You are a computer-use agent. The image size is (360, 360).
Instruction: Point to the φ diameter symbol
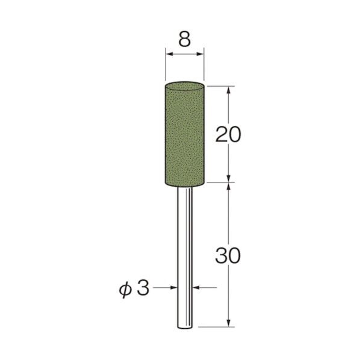tap(125, 288)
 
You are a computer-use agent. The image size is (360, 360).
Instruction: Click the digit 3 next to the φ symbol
tap(143, 288)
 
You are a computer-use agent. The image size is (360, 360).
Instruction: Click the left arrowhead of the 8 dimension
tap(169, 55)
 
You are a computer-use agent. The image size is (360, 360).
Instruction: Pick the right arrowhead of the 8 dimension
tap(200, 55)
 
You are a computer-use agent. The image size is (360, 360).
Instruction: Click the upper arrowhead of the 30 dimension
tap(229, 187)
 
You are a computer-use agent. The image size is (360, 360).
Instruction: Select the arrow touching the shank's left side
tap(173, 288)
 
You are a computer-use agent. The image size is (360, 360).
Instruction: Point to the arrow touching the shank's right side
tap(197, 288)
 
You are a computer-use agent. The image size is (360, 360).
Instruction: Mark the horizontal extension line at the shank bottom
tap(217, 327)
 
